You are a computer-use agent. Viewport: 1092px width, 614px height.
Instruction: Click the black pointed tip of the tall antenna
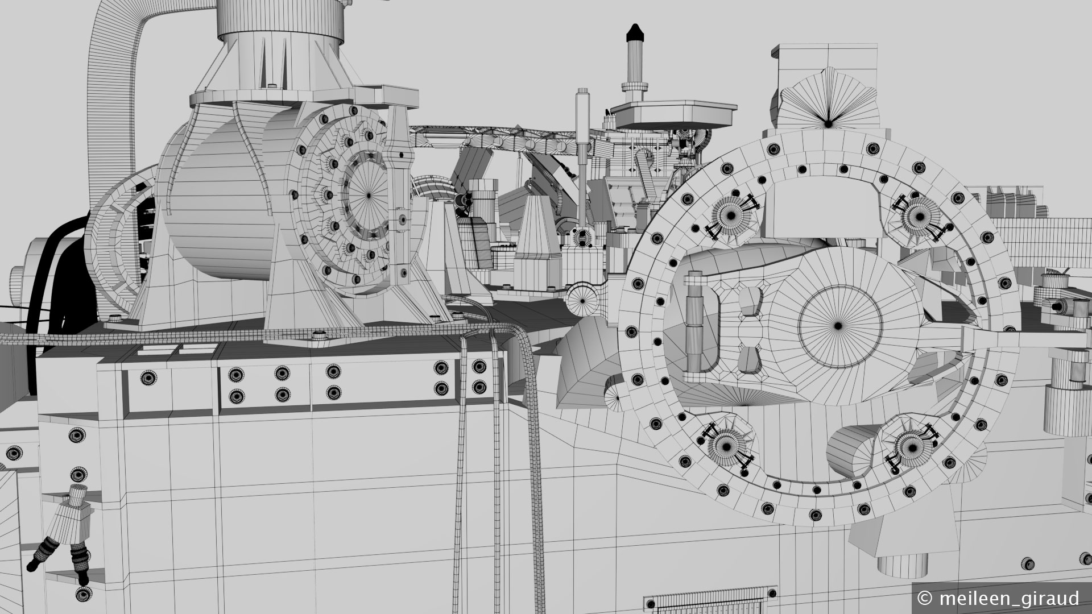click(633, 33)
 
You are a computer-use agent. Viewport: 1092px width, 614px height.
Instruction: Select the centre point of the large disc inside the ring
click(838, 326)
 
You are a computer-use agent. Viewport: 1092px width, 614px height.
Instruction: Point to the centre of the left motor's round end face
click(368, 195)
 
